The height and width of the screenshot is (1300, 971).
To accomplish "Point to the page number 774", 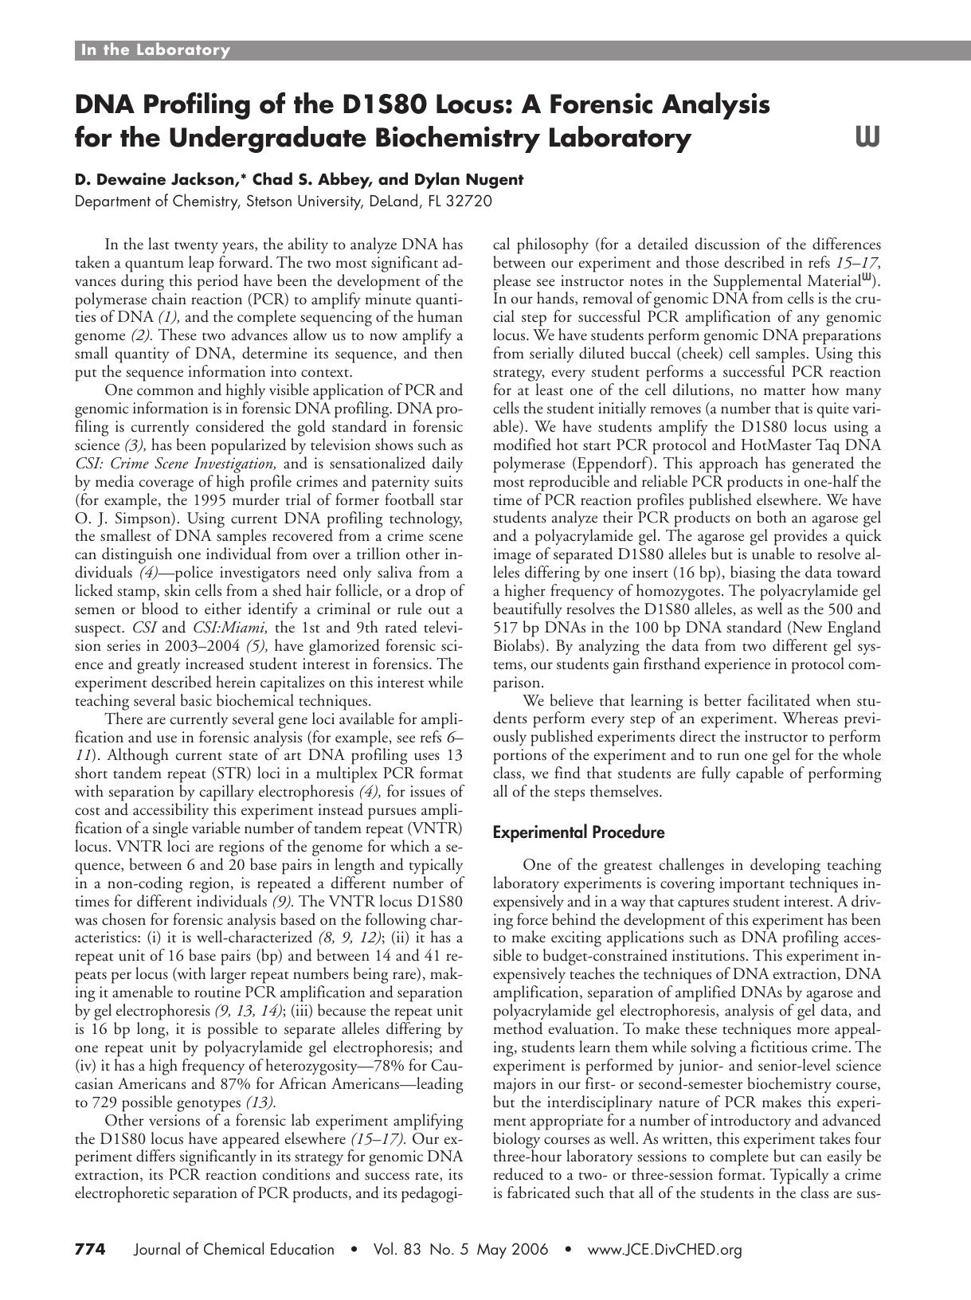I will [90, 1249].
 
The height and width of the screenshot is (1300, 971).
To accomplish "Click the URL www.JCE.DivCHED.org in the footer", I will [664, 1250].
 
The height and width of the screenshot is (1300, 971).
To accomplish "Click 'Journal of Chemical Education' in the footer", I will [235, 1250].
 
